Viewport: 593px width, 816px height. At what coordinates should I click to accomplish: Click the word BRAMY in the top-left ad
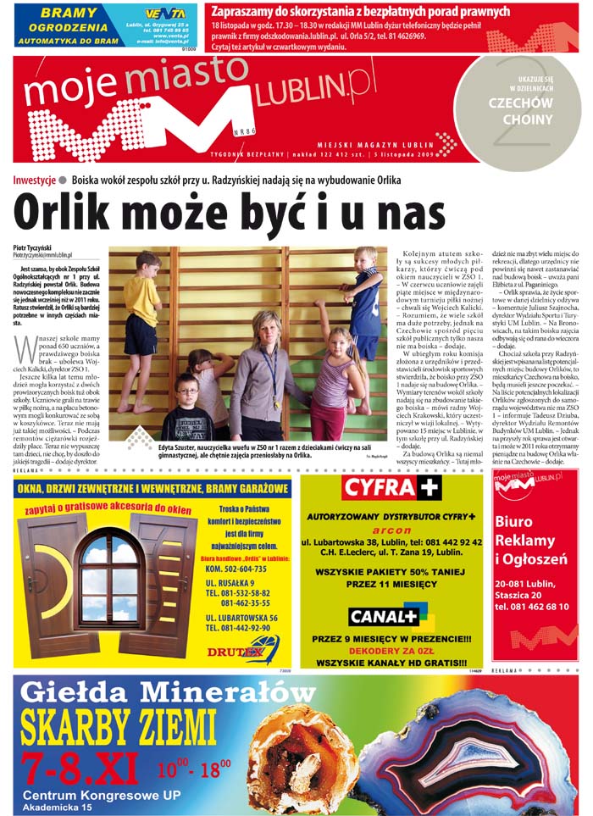point(68,13)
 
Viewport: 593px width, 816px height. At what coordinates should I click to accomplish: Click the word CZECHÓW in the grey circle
point(520,103)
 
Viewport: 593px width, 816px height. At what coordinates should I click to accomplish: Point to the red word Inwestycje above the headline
point(35,180)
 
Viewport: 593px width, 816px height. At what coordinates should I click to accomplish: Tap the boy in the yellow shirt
point(141,309)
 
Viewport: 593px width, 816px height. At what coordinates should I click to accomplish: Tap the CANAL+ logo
point(384,616)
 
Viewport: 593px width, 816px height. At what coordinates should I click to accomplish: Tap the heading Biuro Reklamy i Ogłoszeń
point(530,541)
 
